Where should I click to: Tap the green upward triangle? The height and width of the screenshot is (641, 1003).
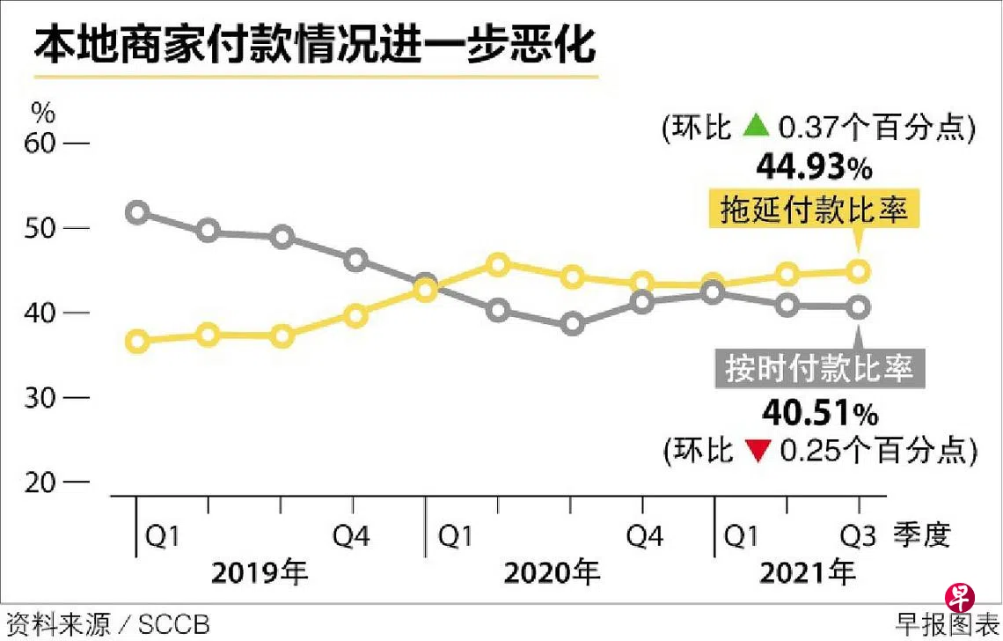coord(755,128)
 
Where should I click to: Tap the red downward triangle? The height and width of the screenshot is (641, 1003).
coord(755,451)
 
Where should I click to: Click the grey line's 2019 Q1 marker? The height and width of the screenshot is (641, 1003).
coord(136,212)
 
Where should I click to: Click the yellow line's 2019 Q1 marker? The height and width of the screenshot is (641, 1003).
coord(136,342)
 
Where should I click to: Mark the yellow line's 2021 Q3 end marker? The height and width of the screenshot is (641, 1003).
coord(859,271)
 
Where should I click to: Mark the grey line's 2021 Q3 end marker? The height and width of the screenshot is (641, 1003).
coord(859,307)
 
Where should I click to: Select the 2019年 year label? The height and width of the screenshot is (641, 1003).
coord(259,573)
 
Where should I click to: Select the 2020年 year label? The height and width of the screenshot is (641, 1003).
coord(551,573)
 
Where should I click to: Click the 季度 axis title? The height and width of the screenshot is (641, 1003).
coord(922,535)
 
